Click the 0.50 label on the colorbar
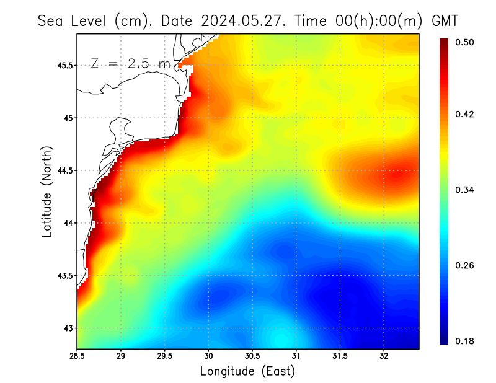[x=465, y=42]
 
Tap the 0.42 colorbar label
[x=465, y=114]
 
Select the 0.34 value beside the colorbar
[x=465, y=190]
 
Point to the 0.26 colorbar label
[x=465, y=265]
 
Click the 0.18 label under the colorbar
[x=465, y=341]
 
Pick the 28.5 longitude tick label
[x=77, y=356]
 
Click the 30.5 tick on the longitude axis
[x=252, y=356]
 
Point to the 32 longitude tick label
[x=384, y=356]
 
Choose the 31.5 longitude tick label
[x=340, y=356]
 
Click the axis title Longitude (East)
[x=247, y=371]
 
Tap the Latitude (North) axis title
[x=46, y=191]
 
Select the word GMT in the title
[x=445, y=21]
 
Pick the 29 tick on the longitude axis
[x=121, y=356]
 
